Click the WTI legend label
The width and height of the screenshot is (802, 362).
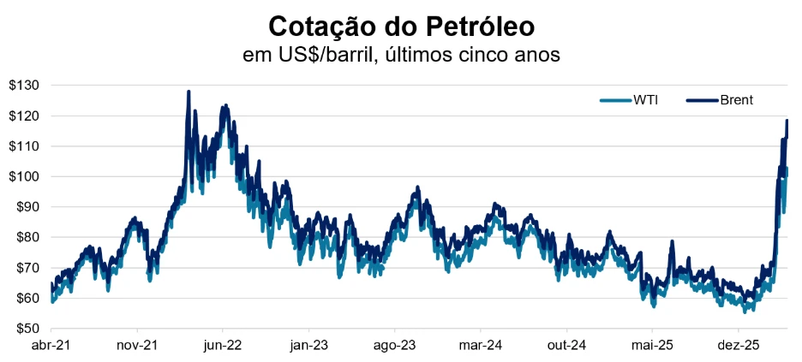pos(645,100)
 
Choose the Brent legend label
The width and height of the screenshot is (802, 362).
pos(736,100)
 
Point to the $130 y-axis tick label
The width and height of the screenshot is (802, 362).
pos(23,86)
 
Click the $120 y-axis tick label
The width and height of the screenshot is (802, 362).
pos(23,116)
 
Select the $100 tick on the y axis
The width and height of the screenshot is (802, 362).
pos(23,176)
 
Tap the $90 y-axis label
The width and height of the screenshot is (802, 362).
pos(26,207)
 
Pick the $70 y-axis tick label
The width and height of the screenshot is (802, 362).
pos(26,268)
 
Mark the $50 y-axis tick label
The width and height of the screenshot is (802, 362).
pos(26,329)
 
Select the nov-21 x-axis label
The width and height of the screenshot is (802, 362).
pos(137,346)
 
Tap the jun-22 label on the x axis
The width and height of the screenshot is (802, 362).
pos(223,346)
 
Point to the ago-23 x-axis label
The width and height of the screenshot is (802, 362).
pos(395,346)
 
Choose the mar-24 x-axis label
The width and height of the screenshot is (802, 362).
pos(481,346)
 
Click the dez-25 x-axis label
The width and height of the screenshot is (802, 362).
pos(739,346)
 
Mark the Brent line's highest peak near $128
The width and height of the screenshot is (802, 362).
pos(189,92)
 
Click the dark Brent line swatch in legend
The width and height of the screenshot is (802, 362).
pos(701,100)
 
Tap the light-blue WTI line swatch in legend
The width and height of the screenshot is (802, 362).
pos(613,100)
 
